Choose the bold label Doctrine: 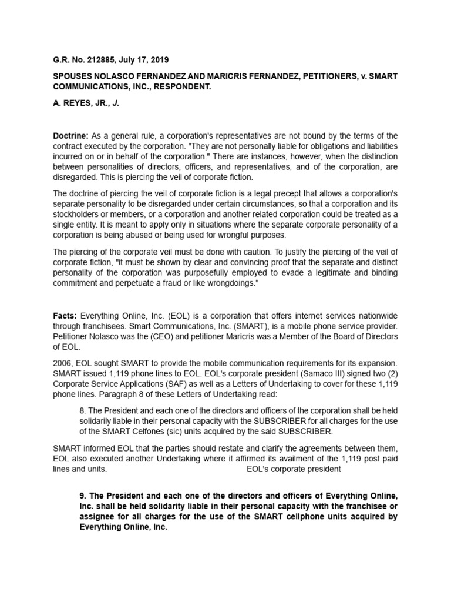point(71,136)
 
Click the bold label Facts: point(65,316)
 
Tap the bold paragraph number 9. point(83,496)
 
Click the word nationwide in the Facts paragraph point(378,316)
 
